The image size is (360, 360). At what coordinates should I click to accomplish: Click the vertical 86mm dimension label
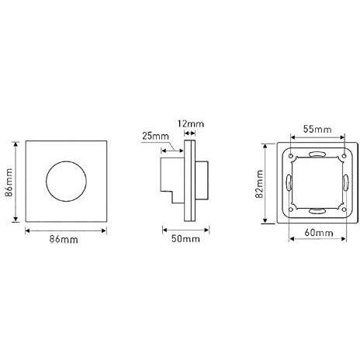[9, 182]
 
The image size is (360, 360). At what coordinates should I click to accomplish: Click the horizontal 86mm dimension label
[64, 240]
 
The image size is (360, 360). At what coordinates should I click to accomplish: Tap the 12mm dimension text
[191, 124]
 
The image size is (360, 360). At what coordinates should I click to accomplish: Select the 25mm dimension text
[155, 136]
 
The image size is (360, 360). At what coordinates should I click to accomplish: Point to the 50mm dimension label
[185, 238]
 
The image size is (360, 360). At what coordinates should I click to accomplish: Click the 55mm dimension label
[317, 129]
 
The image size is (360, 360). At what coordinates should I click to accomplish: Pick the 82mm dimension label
[259, 184]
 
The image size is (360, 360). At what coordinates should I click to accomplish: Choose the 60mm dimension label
[319, 233]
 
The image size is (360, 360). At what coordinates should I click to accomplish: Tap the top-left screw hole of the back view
[291, 156]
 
